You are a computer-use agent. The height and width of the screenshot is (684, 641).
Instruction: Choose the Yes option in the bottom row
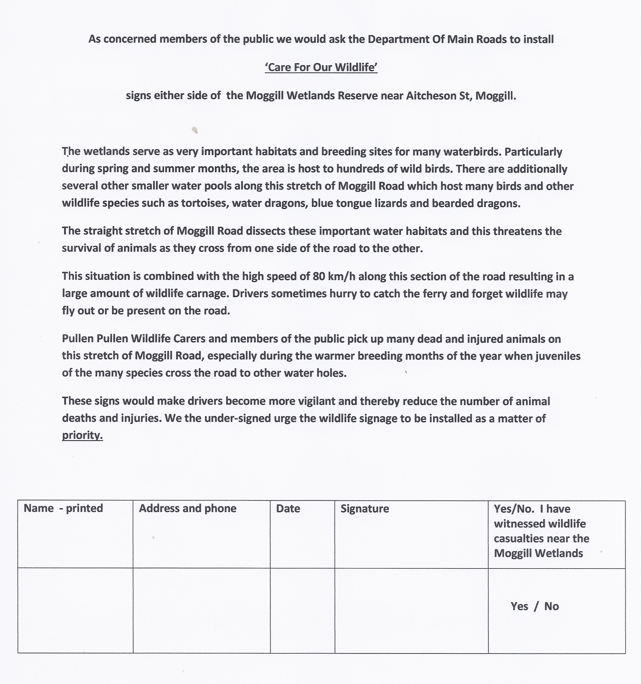click(519, 606)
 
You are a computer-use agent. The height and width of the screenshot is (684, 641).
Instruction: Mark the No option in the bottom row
click(552, 606)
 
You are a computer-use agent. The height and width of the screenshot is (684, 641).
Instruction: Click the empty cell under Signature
click(411, 611)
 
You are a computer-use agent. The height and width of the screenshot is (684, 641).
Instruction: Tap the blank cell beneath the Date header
click(302, 611)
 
